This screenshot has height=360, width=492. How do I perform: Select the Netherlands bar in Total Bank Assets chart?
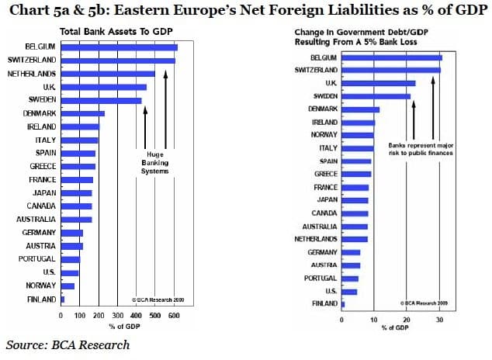(x=108, y=74)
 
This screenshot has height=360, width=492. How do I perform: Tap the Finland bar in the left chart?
(x=63, y=299)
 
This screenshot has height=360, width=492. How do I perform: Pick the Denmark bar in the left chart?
(x=82, y=113)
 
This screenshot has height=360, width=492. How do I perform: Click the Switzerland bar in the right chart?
(x=391, y=69)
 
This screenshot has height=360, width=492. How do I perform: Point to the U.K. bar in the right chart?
(x=379, y=83)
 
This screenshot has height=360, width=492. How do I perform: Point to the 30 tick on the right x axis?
(x=439, y=318)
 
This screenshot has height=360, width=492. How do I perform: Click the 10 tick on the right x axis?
(x=374, y=318)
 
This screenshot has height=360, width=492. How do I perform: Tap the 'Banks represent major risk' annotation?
(x=420, y=149)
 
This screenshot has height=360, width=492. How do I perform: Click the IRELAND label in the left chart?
(x=41, y=126)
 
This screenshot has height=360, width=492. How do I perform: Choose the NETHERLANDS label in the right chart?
(x=316, y=239)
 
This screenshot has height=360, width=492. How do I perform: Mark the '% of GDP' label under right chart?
(x=394, y=328)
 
